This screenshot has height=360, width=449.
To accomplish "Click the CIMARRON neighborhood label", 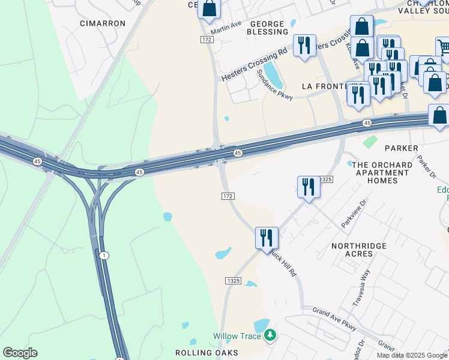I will pos(103,23).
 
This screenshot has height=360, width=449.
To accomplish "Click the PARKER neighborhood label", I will pos(401,148).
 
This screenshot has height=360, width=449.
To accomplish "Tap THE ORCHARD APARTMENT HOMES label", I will pos(383,173).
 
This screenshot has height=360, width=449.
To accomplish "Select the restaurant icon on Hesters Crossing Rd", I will pos(304,45).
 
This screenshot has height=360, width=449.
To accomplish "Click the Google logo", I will pos(20,353).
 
